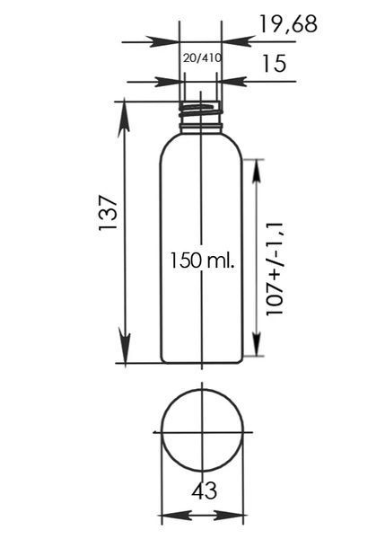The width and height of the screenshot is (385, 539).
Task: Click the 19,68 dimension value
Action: [288, 24]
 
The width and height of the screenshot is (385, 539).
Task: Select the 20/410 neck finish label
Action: [202, 58]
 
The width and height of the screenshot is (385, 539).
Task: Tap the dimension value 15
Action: [274, 64]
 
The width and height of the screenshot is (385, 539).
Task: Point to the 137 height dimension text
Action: [109, 213]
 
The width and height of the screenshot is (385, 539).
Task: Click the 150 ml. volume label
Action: [203, 261]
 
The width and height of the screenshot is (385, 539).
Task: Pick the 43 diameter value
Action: [204, 490]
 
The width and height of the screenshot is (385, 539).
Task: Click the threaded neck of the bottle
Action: [201, 113]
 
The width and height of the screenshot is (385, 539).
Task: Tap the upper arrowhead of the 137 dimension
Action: [124, 120]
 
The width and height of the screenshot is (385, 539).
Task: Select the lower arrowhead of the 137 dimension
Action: [125, 345]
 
